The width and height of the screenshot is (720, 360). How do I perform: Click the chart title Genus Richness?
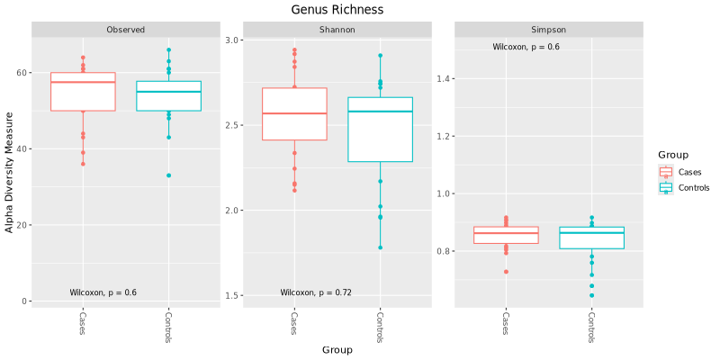[x=337, y=10]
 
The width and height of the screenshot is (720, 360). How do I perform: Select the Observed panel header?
[x=125, y=30]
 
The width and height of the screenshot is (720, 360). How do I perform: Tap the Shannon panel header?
[x=337, y=30]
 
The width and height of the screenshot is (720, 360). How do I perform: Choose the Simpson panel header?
[x=548, y=30]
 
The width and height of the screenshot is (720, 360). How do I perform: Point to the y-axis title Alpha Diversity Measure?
[x=10, y=172]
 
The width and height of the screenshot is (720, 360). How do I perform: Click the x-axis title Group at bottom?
[x=337, y=350]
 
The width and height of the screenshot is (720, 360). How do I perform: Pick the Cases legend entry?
[x=690, y=172]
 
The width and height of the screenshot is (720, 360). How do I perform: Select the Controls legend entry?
[x=693, y=188]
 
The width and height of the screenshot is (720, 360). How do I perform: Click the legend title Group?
[x=673, y=155]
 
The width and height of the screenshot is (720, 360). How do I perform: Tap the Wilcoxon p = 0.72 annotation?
[x=316, y=292]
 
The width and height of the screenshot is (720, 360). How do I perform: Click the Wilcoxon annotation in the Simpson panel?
[x=526, y=47]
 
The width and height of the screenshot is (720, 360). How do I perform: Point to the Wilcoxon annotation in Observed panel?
[x=103, y=292]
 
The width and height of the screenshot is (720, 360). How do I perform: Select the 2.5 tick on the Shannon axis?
[x=231, y=125]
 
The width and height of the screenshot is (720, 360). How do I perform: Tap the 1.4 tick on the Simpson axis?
[x=443, y=79]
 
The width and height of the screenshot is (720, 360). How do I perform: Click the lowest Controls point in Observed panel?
[x=168, y=175]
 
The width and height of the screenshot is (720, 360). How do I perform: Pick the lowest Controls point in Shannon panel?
[x=380, y=247]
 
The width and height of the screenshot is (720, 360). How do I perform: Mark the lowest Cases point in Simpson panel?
[x=506, y=272]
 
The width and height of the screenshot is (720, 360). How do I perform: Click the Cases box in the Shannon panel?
[x=294, y=114]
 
